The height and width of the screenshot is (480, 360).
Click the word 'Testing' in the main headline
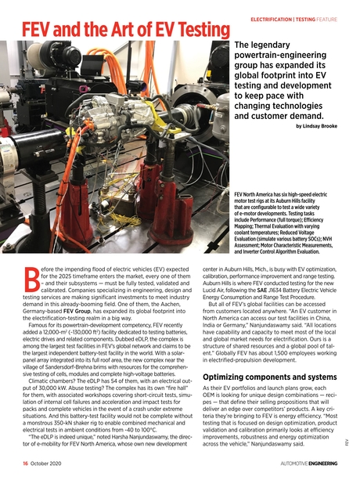pyautogui.click(x=167, y=31)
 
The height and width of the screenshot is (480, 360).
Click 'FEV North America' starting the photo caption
pyautogui.click(x=256, y=191)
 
